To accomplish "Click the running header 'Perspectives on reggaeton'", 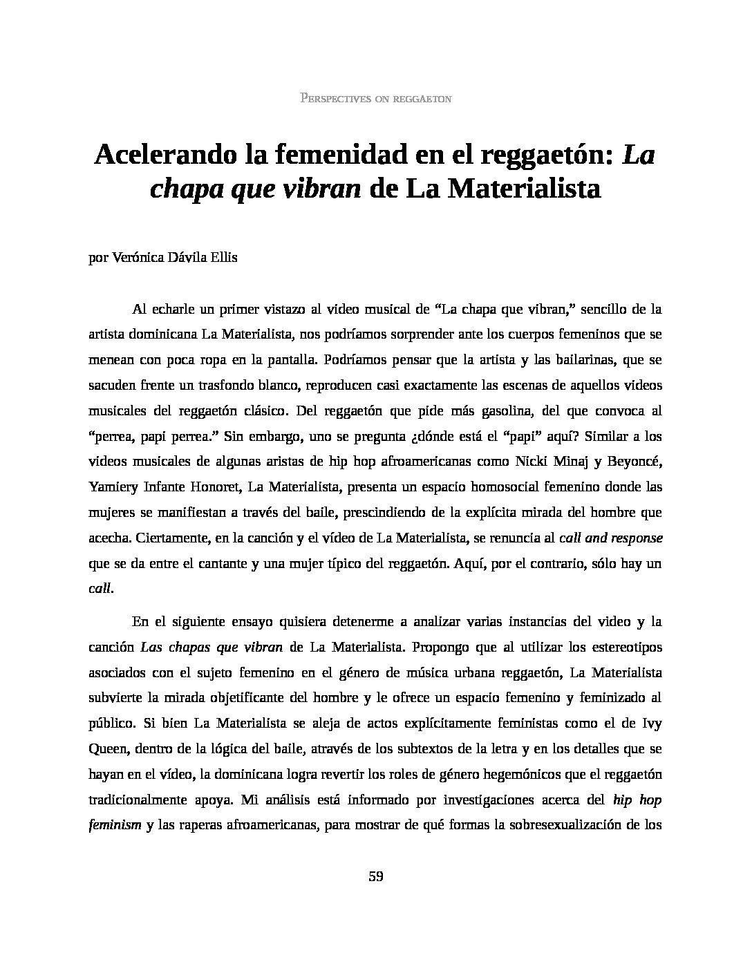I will click(x=376, y=98).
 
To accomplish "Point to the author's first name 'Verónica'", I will click(x=135, y=258).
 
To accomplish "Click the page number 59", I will click(x=376, y=877).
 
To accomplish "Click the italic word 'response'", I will click(x=632, y=538).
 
